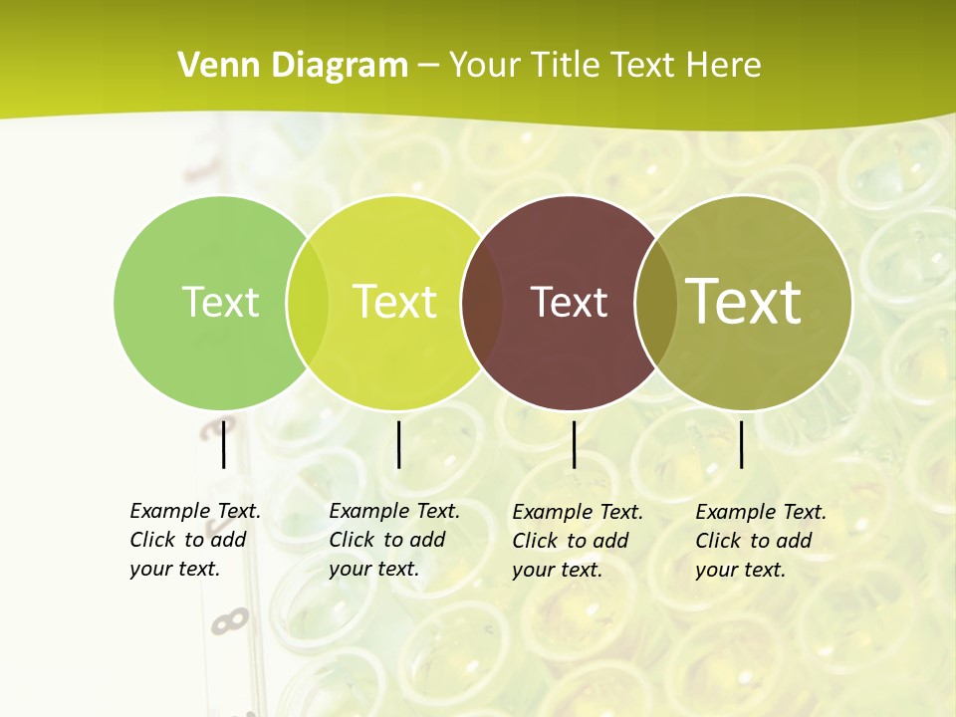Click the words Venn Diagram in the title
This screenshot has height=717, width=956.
click(293, 66)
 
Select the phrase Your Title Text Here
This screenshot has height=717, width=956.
click(604, 66)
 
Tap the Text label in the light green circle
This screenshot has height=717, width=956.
click(220, 302)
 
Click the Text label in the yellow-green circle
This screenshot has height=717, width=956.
click(394, 302)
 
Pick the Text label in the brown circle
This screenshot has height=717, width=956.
click(569, 302)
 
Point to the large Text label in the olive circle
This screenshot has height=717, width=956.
click(744, 301)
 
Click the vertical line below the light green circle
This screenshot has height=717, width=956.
click(223, 444)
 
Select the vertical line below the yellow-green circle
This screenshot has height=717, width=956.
click(398, 444)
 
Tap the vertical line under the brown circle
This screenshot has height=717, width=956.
click(574, 444)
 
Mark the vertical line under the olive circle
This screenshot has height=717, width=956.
click(742, 444)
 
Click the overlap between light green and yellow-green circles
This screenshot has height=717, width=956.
click(308, 302)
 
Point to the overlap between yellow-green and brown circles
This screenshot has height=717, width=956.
click(483, 302)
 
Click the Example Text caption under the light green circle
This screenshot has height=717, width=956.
click(195, 540)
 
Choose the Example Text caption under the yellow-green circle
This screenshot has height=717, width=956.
click(394, 540)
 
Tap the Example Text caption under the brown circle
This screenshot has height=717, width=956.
click(578, 541)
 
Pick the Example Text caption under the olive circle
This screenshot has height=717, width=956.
click(761, 541)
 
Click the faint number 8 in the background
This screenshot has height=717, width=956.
click(230, 621)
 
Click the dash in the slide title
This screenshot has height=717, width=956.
click(428, 66)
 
